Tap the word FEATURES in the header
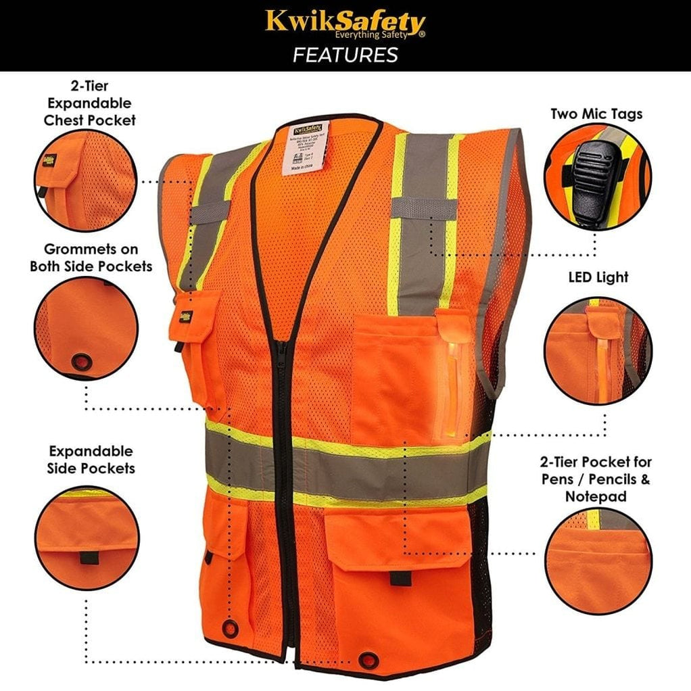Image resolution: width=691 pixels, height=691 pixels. click(345, 55)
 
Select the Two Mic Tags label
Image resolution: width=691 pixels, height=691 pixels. click(596, 114)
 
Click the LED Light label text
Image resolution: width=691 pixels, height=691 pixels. click(598, 277)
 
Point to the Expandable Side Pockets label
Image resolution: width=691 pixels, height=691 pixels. click(91, 459)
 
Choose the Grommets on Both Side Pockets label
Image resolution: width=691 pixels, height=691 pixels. click(91, 258)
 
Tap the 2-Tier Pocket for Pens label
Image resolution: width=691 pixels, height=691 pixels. click(596, 479)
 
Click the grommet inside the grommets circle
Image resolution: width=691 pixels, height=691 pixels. click(81, 362)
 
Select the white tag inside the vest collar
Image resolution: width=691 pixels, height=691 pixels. click(307, 145)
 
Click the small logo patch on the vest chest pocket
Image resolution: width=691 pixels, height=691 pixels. click(185, 314)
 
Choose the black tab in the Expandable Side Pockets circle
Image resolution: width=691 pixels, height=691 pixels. click(87, 558)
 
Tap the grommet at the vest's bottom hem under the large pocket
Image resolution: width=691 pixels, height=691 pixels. click(369, 658)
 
